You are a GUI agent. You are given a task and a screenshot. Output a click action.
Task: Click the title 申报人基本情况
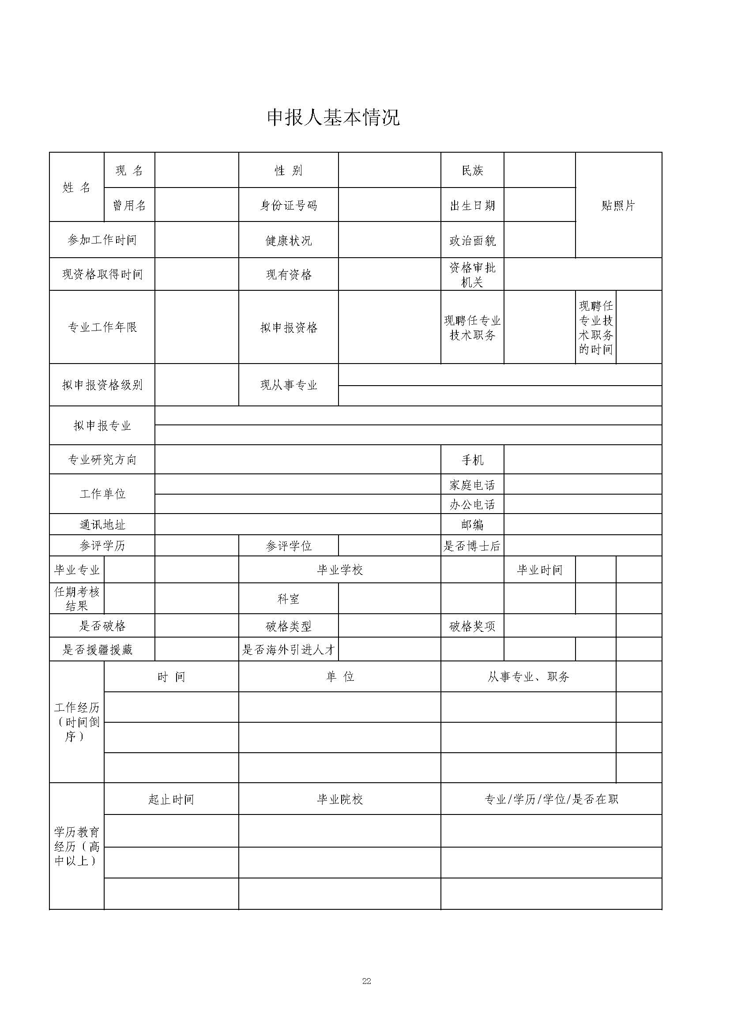coord(333,118)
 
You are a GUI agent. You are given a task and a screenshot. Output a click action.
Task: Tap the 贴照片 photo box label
coord(618,206)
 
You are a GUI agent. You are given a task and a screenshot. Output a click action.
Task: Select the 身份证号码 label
coord(288,206)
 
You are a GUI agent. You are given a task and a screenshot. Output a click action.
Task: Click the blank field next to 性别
coord(389,170)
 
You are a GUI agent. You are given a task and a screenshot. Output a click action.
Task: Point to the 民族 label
coord(472,170)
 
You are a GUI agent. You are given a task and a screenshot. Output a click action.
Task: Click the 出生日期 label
coord(472,206)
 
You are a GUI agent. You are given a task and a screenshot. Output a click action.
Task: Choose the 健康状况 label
coord(288,240)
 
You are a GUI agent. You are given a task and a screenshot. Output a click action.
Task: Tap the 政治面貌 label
coord(472,240)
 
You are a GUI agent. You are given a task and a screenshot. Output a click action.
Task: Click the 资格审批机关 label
coord(472,274)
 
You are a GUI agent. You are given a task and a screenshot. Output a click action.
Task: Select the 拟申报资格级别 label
coord(102,385)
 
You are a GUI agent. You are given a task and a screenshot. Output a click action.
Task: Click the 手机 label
coord(472,460)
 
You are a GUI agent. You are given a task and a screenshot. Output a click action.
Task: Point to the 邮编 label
coord(472,525)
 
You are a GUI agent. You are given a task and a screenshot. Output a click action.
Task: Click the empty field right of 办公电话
coord(583,504)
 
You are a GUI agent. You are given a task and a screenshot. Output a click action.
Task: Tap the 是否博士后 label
coord(472,546)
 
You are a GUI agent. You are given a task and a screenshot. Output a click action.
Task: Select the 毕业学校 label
coord(339,570)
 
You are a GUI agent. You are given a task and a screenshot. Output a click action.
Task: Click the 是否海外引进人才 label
coord(288,649)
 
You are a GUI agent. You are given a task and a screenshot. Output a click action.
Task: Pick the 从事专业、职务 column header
coord(528,677)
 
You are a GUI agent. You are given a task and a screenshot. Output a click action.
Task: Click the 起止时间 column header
coord(171,799)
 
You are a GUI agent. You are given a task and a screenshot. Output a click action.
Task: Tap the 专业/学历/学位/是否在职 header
coord(551,799)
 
